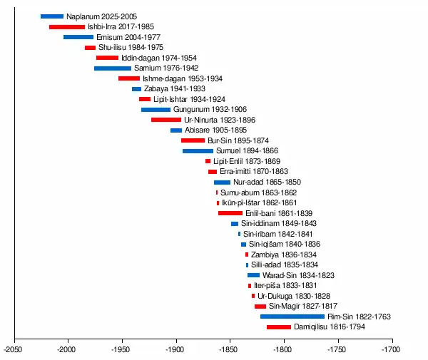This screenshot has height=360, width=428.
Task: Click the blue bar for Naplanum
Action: pyautogui.click(x=52, y=16)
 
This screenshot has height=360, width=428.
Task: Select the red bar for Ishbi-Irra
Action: pyautogui.click(x=67, y=27)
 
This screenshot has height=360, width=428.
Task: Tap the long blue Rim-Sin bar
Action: pyautogui.click(x=292, y=317)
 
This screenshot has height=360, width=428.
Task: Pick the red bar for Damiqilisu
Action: pyautogui.click(x=279, y=327)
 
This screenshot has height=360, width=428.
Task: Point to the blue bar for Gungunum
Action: pyautogui.click(x=156, y=110)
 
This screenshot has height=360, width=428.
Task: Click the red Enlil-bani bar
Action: pyautogui.click(x=230, y=213)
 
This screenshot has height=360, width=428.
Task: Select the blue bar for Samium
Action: pyautogui.click(x=113, y=68)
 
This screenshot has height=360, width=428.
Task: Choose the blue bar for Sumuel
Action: pyautogui.click(x=198, y=151)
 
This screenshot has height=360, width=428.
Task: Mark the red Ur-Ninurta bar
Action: pyautogui.click(x=166, y=120)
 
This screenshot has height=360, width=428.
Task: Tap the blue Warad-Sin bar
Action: pyautogui.click(x=253, y=275)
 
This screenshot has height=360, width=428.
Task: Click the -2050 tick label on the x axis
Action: pyautogui.click(x=12, y=350)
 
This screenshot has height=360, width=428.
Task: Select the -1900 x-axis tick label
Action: pyautogui.click(x=175, y=350)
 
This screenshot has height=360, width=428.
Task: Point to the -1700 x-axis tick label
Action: pyautogui.click(x=391, y=350)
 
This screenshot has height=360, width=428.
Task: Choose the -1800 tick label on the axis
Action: pyautogui.click(x=283, y=350)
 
